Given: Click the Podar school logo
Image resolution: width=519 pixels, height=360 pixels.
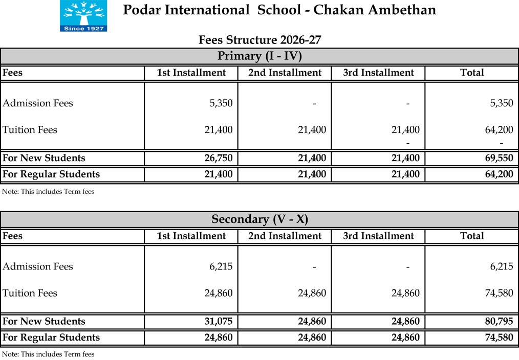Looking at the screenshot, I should click(x=83, y=16).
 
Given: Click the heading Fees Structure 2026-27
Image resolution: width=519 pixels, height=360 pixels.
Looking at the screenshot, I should click(x=259, y=40).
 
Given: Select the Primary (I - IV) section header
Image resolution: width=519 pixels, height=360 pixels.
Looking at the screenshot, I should click(x=259, y=56).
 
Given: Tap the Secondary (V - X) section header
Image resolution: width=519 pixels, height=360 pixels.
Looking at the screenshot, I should click(x=259, y=219).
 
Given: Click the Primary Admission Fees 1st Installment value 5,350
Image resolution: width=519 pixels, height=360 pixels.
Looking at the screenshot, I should click(x=221, y=103).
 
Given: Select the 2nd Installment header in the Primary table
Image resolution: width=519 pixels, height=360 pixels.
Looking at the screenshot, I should click(x=285, y=73).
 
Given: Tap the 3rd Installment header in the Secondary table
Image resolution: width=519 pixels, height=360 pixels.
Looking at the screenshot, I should click(x=378, y=236).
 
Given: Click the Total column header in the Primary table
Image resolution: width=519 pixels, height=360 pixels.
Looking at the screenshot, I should click(x=471, y=73).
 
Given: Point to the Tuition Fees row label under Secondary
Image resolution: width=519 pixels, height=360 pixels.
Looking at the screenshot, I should click(x=30, y=293).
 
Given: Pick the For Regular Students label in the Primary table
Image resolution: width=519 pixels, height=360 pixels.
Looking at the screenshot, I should click(x=51, y=174).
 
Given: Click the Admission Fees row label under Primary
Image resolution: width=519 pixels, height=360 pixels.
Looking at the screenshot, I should click(x=38, y=103).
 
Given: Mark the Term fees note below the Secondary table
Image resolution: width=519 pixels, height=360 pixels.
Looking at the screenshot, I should click(x=48, y=354).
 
